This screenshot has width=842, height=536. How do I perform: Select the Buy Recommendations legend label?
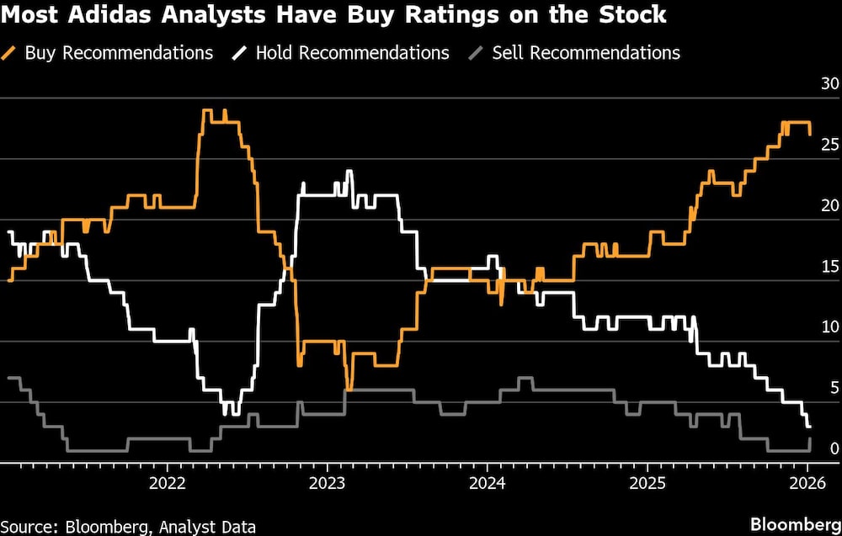(119, 52)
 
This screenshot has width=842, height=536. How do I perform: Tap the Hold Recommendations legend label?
(352, 52)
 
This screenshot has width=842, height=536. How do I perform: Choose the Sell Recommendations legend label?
(586, 52)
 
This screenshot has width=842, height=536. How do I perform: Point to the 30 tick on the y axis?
(829, 84)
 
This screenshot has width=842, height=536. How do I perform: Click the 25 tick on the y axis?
(829, 145)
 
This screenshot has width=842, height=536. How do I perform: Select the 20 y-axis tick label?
(829, 205)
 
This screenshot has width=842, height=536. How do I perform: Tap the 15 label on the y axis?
(829, 267)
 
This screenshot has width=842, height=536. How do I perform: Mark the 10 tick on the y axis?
(829, 327)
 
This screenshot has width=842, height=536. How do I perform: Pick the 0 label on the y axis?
(834, 448)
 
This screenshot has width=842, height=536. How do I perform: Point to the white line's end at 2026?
(808, 427)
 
